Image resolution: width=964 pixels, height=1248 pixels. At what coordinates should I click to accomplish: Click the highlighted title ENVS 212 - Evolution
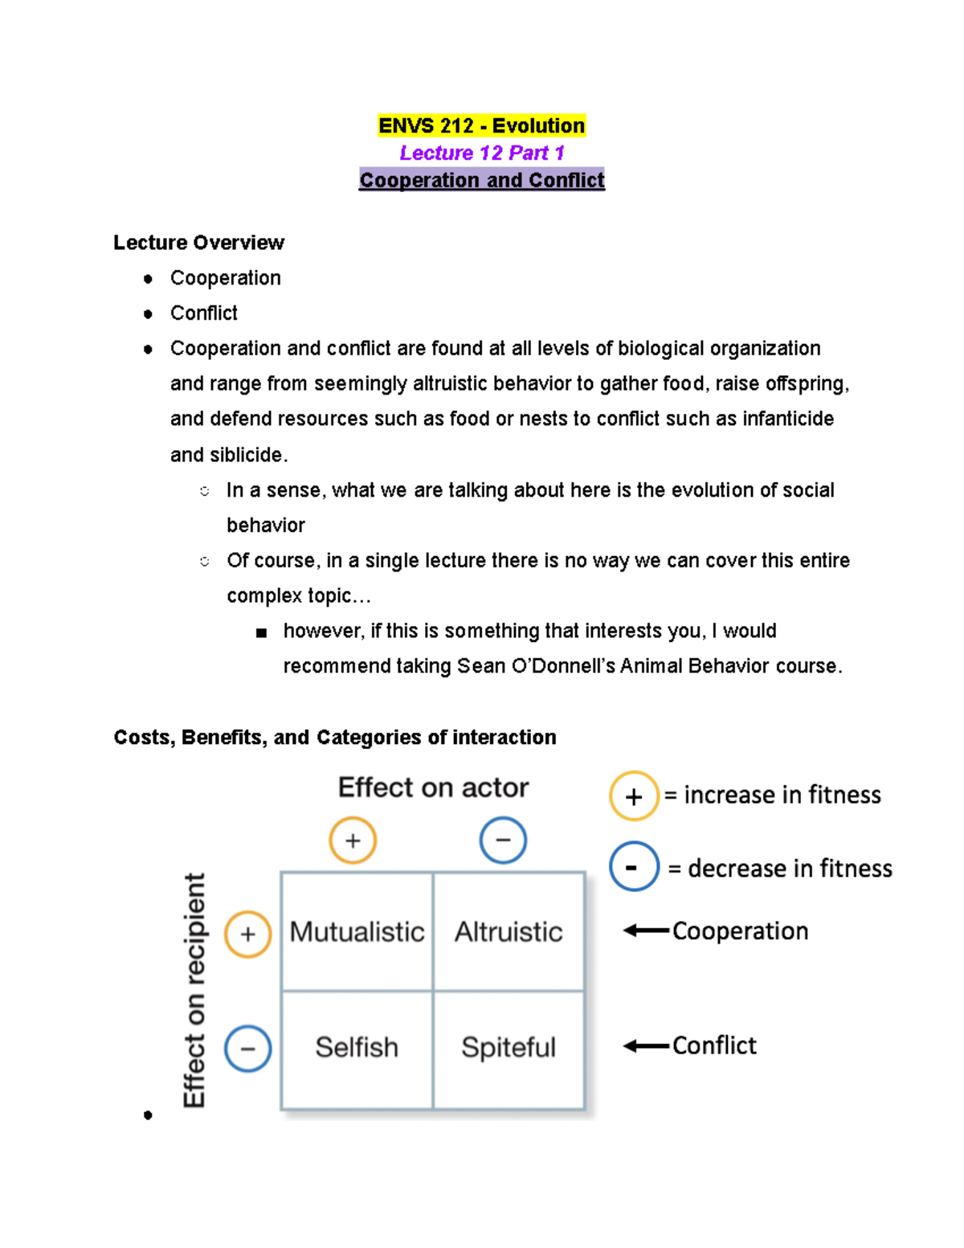tap(481, 126)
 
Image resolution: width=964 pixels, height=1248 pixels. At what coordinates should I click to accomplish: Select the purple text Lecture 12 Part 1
tap(482, 153)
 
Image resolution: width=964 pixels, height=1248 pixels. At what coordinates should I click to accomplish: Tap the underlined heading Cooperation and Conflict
tap(481, 180)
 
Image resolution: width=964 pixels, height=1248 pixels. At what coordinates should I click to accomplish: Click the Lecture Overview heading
tap(198, 243)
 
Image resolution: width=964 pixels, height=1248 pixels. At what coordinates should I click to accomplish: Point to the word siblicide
tap(247, 455)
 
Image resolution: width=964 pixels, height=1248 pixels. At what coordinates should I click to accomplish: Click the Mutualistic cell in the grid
tap(357, 931)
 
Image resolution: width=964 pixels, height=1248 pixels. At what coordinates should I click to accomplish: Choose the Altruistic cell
tap(509, 931)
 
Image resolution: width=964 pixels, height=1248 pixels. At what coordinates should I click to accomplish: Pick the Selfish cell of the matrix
tap(357, 1048)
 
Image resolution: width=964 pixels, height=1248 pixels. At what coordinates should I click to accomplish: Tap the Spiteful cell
tap(509, 1048)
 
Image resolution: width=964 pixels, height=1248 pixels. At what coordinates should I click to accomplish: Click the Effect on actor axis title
tap(433, 788)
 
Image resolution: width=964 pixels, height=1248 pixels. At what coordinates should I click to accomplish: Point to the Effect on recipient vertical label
tap(194, 990)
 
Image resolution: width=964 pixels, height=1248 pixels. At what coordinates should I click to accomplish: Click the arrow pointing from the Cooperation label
tap(646, 931)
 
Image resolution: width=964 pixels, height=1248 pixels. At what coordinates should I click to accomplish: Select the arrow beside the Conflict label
tap(646, 1045)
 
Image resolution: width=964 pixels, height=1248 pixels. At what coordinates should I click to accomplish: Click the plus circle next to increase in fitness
tap(634, 796)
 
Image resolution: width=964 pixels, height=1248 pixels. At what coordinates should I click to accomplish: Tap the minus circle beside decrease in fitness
tap(634, 867)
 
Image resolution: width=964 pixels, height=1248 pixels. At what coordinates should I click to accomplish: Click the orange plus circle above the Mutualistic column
tap(353, 841)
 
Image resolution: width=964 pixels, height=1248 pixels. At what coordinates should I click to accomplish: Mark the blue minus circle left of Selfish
tap(247, 1049)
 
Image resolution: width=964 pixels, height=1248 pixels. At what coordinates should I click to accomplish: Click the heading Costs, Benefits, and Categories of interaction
tap(335, 738)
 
